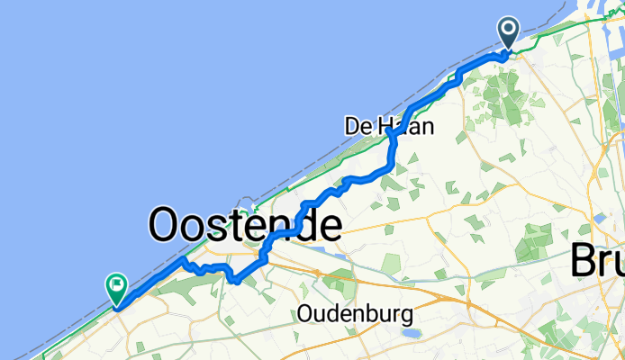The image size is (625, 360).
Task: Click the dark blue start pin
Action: [508, 34]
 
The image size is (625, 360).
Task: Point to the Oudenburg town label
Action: [355, 314]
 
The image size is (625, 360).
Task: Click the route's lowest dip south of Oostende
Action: [234, 281]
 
